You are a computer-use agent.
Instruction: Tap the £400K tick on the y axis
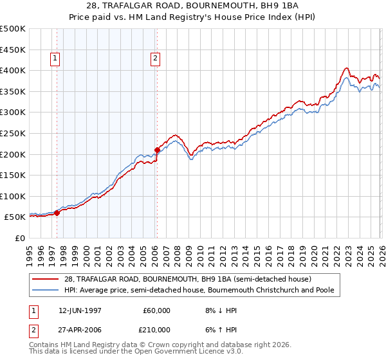(13, 70)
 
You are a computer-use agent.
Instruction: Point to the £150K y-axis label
(13, 175)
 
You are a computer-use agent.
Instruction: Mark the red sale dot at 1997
(57, 213)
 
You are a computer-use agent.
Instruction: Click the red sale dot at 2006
(157, 150)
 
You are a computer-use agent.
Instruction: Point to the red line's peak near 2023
(346, 68)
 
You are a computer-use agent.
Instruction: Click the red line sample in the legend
(47, 280)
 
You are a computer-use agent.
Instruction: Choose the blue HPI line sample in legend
(47, 291)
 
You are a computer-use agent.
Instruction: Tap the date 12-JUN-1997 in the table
(80, 310)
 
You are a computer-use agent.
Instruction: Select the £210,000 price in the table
(157, 330)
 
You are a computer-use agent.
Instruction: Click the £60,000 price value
(157, 310)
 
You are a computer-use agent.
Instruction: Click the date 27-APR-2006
(80, 330)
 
